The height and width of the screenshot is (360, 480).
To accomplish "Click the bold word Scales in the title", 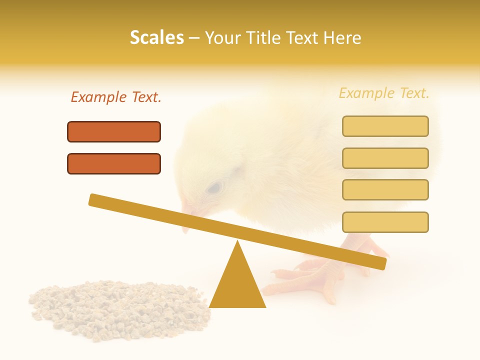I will coord(156,37).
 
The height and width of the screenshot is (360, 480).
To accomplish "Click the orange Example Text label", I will coord(116,97).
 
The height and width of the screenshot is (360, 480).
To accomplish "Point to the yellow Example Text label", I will coord(384,93).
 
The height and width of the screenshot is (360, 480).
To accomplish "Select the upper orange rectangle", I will coord(114,131).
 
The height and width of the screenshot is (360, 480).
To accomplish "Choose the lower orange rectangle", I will coord(114,163).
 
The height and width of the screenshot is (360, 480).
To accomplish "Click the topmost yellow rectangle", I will coord(385,126).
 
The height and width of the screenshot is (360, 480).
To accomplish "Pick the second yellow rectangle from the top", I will coord(385,158).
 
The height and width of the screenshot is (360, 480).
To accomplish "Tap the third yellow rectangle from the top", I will coord(385,189).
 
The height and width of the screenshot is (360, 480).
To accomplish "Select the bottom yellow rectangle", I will coord(385,222).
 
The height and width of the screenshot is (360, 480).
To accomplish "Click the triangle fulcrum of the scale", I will coord(237,285).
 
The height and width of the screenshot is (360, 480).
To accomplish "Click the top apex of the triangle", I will coord(237,243).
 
